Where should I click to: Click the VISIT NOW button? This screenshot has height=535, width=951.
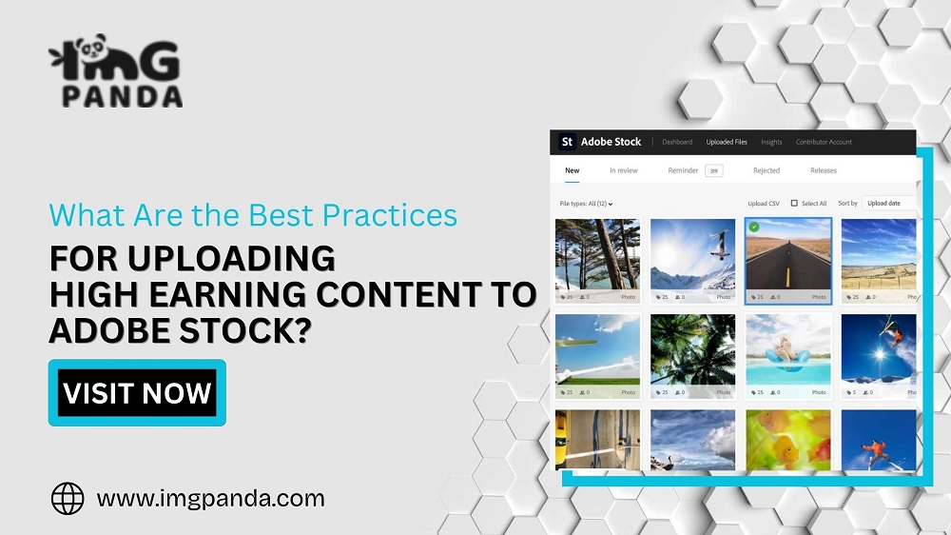[x=137, y=392]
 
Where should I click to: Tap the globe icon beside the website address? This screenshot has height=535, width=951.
[x=68, y=498]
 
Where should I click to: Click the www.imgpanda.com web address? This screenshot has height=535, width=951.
[x=210, y=498]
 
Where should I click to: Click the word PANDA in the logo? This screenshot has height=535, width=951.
[x=122, y=96]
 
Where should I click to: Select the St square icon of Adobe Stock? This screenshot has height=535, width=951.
[x=567, y=142]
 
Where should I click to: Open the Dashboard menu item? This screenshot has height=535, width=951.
[x=677, y=143]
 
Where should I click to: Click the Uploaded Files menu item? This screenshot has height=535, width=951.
[x=727, y=143]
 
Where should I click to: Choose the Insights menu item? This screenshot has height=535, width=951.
[x=771, y=143]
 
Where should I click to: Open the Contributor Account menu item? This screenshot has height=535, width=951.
[x=825, y=143]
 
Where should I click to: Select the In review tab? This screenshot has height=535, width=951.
[x=624, y=170]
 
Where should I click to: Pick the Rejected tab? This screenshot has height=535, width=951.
[x=767, y=170]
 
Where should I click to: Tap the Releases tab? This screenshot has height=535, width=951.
[x=824, y=170]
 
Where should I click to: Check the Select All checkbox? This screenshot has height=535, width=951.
[x=795, y=203]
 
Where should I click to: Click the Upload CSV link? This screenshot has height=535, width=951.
[x=764, y=204]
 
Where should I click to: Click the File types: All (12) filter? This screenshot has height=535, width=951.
[x=587, y=204]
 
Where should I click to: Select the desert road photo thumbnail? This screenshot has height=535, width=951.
[x=788, y=254]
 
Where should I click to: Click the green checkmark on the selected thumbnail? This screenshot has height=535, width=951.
[x=754, y=227]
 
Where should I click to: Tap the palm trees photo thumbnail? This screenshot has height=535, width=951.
[x=693, y=349]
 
